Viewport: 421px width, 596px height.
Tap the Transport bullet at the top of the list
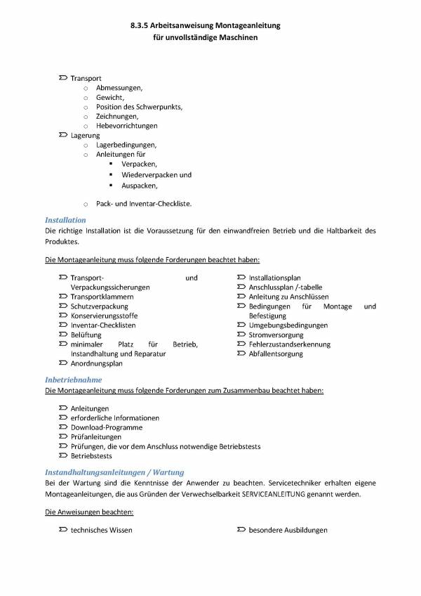[x=86, y=78]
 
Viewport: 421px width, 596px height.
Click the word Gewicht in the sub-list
[x=109, y=97]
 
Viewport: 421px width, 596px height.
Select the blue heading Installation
[x=65, y=220]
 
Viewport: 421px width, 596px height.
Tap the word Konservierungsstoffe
[x=104, y=316]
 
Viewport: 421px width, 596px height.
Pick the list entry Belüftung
[x=86, y=335]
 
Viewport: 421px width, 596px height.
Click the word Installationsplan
[x=274, y=278]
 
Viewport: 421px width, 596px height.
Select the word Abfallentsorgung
[x=276, y=354]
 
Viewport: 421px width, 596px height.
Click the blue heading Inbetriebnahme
[x=73, y=380]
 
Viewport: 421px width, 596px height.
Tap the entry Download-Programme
[x=106, y=427]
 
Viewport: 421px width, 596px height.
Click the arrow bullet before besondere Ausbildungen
[x=240, y=530]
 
